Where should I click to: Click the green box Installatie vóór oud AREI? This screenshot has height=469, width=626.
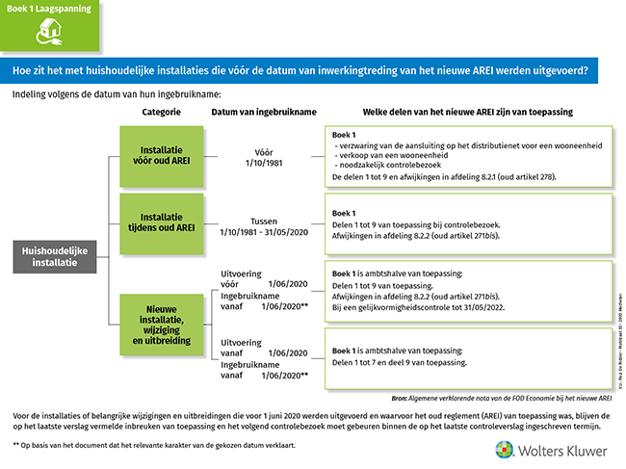click(154, 157)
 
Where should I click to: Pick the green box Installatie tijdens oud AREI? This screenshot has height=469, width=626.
click(154, 224)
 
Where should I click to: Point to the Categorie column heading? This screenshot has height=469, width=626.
click(161, 112)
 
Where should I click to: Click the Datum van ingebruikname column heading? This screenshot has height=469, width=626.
click(263, 112)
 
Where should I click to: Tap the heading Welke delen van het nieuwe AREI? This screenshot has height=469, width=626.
click(467, 112)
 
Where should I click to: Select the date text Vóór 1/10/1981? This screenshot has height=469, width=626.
click(263, 156)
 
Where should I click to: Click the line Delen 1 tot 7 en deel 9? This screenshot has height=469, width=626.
click(400, 363)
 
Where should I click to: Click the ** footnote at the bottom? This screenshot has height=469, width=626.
click(154, 446)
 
